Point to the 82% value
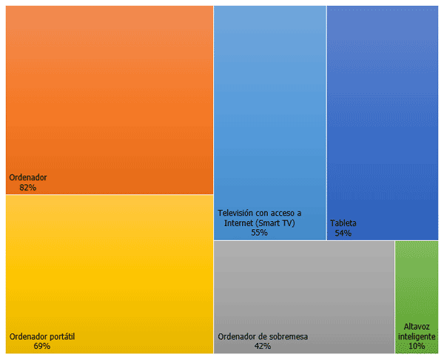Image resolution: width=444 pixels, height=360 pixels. [28, 188]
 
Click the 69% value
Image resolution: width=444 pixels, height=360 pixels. [42, 346]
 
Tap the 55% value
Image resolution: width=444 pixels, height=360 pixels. [259, 233]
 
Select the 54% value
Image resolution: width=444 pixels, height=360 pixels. [343, 233]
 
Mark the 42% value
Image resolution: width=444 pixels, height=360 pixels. [262, 346]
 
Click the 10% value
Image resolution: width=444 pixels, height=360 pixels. [417, 346]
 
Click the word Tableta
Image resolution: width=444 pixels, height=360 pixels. [343, 223]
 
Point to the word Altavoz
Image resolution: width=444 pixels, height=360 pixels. [417, 326]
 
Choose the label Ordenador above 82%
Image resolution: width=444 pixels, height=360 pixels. [28, 177]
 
